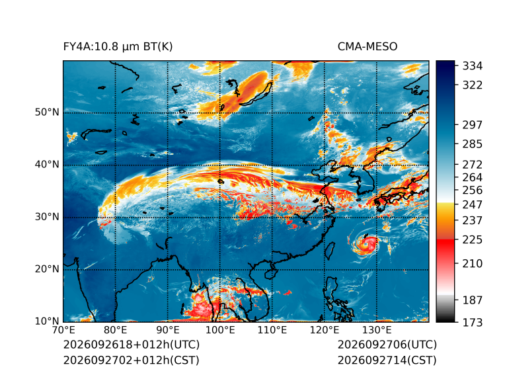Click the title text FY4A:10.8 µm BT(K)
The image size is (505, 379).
pos(118,47)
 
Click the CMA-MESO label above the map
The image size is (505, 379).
pos(368,47)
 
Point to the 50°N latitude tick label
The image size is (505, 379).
pos(48,112)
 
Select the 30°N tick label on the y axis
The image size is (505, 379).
pos(48,216)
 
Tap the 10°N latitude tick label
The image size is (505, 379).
pos(48,321)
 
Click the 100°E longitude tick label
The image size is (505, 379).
pos(220,330)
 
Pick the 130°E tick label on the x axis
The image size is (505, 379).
pos(377,330)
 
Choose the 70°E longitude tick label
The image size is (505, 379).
pos(63,330)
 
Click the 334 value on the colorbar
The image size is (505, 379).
pos(473,66)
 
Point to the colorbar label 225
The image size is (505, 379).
pos(473,240)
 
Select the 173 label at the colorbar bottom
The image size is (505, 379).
pos(473,322)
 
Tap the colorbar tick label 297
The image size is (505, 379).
pos(473,125)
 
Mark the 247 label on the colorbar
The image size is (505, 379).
pos(473,204)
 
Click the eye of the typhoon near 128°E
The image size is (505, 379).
pos(366,244)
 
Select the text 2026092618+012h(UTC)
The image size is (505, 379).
pos(132,345)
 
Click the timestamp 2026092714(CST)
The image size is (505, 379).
pos(387,360)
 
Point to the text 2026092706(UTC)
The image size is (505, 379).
pos(387,345)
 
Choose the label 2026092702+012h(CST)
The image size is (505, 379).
pos(132,360)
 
